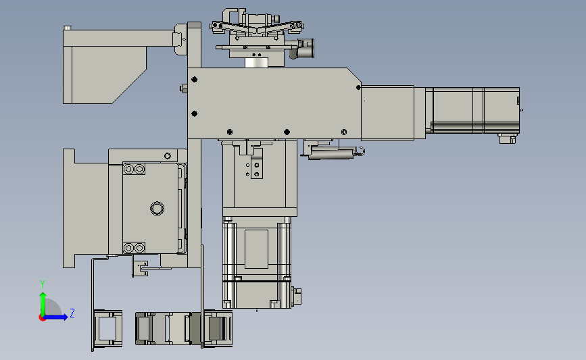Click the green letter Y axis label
pos(42,284)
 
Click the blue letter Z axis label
pos(72,313)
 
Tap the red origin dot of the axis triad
pos(42,318)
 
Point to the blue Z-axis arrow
pos(56,317)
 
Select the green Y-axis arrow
pos(43,304)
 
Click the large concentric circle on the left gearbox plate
pos(157,209)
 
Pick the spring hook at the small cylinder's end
pos(361,151)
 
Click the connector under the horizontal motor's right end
pos(507,138)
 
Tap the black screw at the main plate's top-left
pos(194,80)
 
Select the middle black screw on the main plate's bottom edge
pos(287,132)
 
